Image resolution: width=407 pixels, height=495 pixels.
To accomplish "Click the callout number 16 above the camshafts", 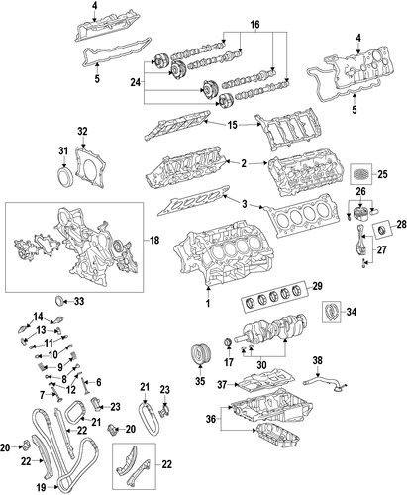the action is click(x=254, y=24).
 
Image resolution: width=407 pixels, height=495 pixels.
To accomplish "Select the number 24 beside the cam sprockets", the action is click(x=135, y=82).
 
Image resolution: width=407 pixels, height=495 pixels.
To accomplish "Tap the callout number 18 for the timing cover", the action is click(x=153, y=241).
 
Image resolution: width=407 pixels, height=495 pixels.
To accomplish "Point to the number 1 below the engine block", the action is click(x=208, y=303).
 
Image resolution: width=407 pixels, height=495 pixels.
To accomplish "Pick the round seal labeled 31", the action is click(x=63, y=175).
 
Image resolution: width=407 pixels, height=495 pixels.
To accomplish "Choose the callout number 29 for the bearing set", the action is click(x=317, y=286).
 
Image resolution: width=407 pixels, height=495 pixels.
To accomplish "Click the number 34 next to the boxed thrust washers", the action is click(x=352, y=312).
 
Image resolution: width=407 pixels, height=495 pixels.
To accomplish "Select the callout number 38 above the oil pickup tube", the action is click(x=317, y=360).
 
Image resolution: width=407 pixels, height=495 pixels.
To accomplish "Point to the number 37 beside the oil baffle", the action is click(x=222, y=384).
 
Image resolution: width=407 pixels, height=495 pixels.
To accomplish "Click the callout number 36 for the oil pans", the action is click(x=210, y=419).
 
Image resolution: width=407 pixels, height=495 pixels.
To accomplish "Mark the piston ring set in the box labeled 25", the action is click(x=361, y=173).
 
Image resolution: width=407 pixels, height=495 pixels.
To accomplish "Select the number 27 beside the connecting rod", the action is click(x=381, y=249).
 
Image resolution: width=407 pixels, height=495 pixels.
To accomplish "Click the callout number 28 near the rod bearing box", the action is click(x=401, y=225).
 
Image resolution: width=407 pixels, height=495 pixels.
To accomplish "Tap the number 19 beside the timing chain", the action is click(x=41, y=487).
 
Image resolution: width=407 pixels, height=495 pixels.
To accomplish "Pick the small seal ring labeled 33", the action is click(x=59, y=301).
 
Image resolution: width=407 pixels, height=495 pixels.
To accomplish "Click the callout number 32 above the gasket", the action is click(x=82, y=131).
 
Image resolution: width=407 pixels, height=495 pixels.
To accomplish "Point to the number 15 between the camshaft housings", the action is click(x=233, y=125).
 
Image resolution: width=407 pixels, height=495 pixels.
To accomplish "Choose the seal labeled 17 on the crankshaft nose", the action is click(x=228, y=343).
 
